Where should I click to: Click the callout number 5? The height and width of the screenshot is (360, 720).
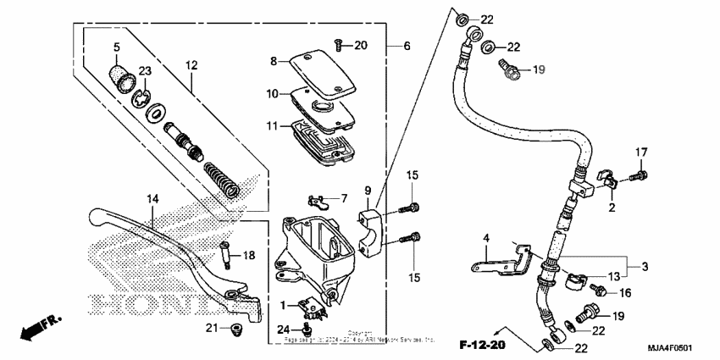[117, 47]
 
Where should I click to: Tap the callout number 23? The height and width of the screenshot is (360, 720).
[144, 72]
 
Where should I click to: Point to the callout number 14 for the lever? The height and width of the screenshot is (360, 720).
[152, 200]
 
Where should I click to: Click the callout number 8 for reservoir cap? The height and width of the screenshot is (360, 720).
[274, 61]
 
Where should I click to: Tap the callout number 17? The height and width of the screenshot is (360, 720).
[641, 152]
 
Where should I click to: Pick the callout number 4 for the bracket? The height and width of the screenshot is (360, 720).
[488, 239]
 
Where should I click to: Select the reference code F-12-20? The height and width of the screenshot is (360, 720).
[484, 345]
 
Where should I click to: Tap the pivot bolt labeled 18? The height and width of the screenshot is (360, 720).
[227, 253]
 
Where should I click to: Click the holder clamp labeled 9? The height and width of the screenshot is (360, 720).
[371, 223]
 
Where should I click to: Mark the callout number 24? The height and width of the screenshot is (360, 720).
[284, 329]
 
